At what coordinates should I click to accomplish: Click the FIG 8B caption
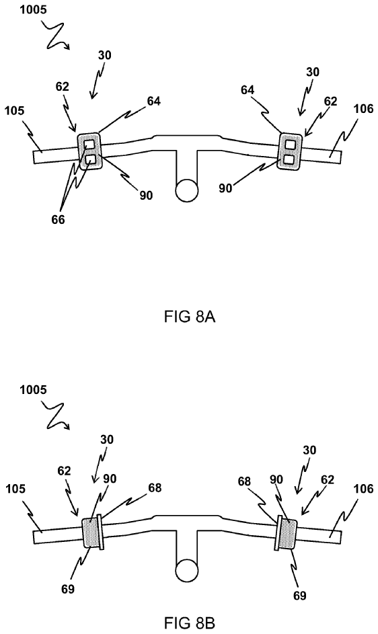point(190,623)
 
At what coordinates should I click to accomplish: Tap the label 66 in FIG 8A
point(58,220)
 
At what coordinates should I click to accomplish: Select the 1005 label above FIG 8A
point(32,10)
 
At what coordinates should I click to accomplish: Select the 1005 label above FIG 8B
point(32,390)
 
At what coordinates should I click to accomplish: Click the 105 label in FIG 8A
point(15,110)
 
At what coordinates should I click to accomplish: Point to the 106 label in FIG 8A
point(363,109)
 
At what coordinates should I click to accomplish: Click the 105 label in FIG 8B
point(15,489)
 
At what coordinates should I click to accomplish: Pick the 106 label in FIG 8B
point(363,489)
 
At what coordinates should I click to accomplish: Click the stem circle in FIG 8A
point(187,190)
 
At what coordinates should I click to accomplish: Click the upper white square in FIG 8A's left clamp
point(89,144)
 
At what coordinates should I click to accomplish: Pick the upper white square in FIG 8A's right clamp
point(290,143)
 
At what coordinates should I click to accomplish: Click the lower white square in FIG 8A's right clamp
point(289,160)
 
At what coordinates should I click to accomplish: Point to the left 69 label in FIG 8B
point(68,589)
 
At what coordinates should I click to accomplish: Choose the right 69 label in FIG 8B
point(300,595)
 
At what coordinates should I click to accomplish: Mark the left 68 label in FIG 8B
point(155,488)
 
